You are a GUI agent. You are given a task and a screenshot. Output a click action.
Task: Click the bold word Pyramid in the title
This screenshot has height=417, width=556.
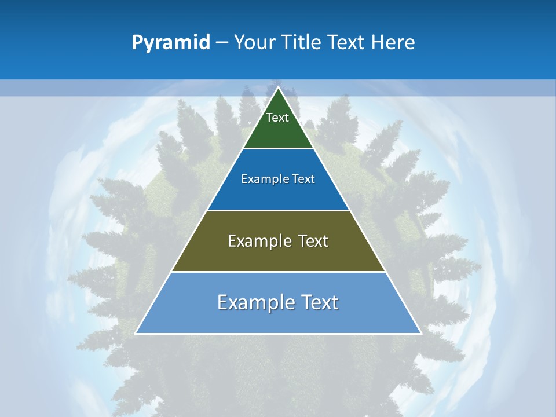(171, 43)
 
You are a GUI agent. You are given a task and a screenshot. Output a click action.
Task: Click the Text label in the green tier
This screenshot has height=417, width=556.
(277, 118)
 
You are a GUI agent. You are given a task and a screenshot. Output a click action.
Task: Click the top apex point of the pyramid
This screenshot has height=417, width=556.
(278, 87)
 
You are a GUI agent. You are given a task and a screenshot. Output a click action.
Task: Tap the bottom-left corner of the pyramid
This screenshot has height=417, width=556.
(136, 333)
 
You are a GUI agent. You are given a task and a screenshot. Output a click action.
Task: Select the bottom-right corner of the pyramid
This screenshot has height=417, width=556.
(420, 333)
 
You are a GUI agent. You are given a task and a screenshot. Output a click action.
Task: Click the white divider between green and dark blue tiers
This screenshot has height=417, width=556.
(278, 149)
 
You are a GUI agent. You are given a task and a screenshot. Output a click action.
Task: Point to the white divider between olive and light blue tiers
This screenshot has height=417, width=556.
(278, 272)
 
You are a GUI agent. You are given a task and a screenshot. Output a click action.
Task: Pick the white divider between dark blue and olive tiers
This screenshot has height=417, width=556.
(278, 210)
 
